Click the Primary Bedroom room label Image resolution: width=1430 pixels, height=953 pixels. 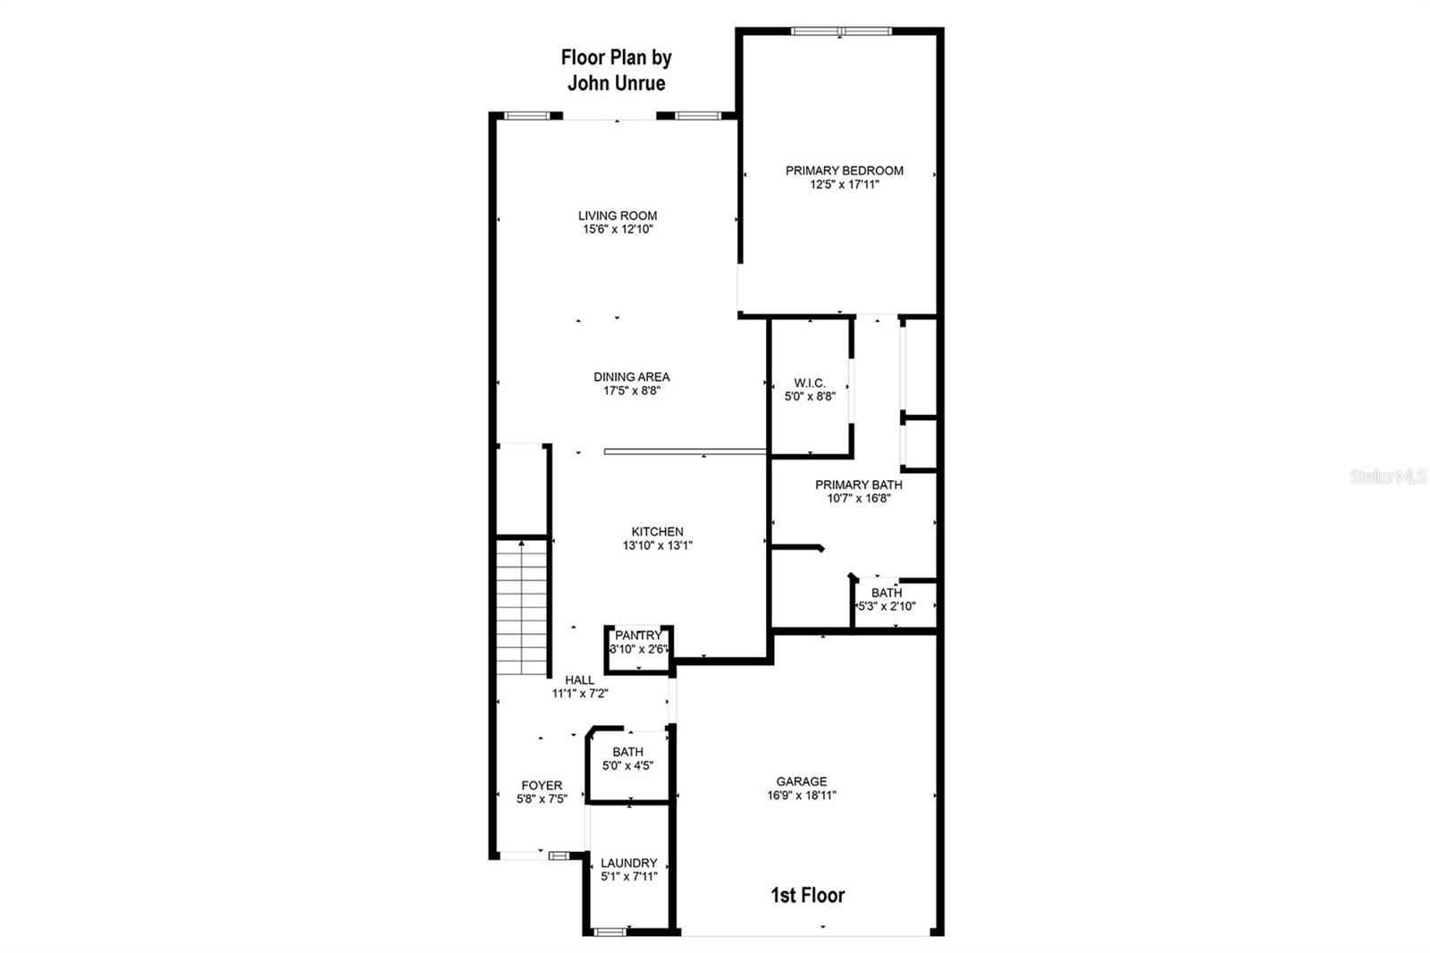844,171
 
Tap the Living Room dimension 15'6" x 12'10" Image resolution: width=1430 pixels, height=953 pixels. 618,230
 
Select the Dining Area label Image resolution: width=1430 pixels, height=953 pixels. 631,377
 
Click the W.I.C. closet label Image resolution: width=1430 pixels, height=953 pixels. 809,384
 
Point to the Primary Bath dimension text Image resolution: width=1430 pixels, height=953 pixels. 858,499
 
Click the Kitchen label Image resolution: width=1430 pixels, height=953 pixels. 657,532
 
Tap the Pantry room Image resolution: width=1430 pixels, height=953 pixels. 638,642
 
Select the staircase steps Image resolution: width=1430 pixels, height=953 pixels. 521,608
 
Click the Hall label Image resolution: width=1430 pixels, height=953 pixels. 579,680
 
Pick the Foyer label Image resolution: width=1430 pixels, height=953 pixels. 542,786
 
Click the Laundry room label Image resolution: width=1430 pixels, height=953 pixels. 628,864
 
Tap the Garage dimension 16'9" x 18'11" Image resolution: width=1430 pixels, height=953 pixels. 801,796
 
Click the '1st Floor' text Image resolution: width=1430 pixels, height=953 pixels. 807,896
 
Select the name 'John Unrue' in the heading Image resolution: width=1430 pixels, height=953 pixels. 616,83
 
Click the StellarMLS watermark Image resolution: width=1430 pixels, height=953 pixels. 1387,477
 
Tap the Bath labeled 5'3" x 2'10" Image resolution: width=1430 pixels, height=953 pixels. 887,600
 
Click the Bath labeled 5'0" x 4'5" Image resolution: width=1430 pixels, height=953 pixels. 627,759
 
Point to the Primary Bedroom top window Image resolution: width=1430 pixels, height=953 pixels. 840,31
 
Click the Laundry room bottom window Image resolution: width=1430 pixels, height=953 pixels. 610,932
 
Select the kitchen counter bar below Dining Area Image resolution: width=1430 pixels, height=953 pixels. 685,451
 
